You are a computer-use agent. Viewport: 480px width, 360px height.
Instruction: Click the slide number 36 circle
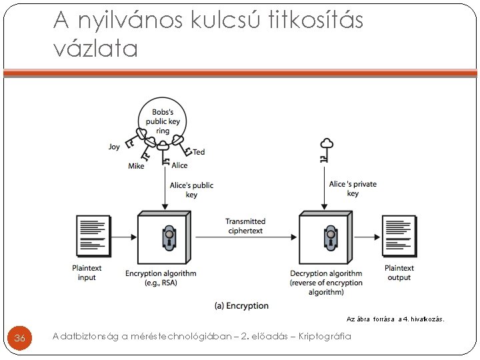point(20,339)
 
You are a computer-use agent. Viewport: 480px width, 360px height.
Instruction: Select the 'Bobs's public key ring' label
point(163,121)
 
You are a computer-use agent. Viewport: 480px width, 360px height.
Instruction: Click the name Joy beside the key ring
point(114,147)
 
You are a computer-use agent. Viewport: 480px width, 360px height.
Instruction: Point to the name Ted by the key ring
point(199,152)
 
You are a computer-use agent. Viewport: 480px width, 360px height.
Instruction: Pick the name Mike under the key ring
point(136,166)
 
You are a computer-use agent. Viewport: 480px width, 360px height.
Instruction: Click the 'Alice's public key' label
point(191,190)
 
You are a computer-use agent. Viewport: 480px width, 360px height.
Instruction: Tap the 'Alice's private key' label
point(353,189)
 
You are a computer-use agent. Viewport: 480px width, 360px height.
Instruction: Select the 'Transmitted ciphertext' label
point(245,226)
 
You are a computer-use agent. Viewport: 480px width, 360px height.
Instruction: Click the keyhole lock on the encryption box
point(169,238)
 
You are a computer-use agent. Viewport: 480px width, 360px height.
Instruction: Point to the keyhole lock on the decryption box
point(329,238)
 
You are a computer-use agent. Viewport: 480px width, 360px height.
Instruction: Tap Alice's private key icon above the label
point(326,149)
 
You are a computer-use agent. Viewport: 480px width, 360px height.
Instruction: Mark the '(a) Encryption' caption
point(241,306)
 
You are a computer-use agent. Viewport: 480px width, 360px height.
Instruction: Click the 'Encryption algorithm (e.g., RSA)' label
point(161,278)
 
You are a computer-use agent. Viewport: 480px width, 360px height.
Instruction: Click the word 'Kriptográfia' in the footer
point(325,337)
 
